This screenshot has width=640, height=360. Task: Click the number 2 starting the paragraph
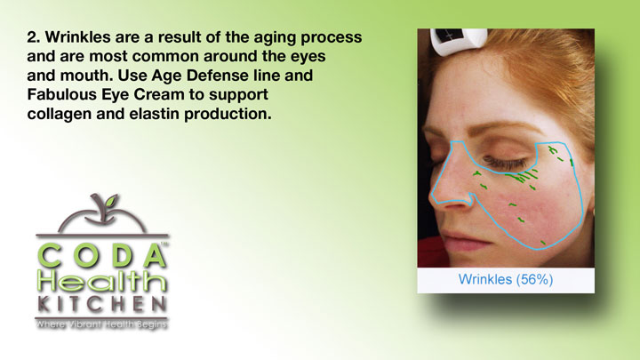[33, 37]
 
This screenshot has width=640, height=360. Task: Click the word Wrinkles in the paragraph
[77, 37]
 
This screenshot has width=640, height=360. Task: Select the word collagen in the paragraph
[60, 115]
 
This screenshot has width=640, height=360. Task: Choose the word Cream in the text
[159, 94]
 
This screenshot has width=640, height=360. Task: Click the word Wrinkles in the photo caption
[485, 280]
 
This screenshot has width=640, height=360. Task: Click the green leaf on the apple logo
[110, 200]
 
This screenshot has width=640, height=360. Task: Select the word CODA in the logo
[102, 256]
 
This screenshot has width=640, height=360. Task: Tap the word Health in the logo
[102, 281]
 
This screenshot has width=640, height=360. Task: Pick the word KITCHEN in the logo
[102, 304]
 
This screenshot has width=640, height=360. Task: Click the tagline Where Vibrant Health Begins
[101, 324]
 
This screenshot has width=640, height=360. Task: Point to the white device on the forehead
[459, 41]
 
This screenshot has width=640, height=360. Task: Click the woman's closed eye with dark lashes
[505, 163]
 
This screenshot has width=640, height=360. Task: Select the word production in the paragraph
[228, 114]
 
